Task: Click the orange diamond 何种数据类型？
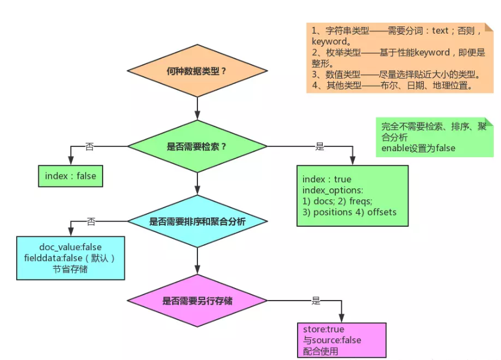[197, 71]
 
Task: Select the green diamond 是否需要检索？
[197, 146]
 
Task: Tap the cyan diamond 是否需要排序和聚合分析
[197, 221]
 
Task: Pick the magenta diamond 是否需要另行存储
[197, 301]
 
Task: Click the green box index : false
[70, 176]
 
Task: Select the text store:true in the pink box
[324, 329]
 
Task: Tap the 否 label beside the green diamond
[90, 146]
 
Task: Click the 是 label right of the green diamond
[320, 146]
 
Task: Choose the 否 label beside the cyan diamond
[91, 221]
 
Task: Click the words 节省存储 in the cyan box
[70, 269]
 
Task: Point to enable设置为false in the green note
[418, 148]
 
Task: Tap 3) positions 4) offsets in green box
[349, 212]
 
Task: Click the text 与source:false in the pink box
[332, 340]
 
